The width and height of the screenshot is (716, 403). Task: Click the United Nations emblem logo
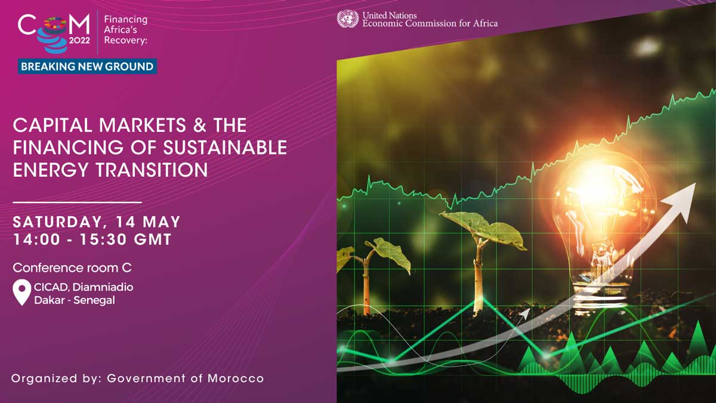click(348, 19)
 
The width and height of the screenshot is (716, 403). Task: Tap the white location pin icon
click(21, 293)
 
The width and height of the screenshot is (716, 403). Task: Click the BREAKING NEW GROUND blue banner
click(87, 66)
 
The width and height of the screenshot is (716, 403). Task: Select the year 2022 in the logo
click(79, 41)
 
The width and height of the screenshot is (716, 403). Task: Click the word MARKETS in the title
click(143, 125)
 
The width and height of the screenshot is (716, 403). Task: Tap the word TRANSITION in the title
click(152, 170)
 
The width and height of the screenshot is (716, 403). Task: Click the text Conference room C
click(72, 267)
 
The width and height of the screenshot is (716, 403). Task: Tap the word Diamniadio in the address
click(103, 287)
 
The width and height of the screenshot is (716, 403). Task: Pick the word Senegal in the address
click(94, 301)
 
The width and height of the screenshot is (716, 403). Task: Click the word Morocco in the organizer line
click(236, 379)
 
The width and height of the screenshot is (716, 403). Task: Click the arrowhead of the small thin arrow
click(524, 313)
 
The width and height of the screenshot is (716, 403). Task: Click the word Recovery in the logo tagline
click(124, 41)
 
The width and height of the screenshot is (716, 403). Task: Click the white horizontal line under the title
click(77, 202)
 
